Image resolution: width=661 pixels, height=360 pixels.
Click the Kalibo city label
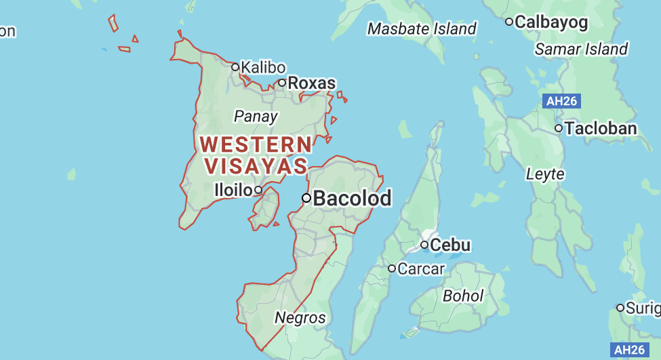263,68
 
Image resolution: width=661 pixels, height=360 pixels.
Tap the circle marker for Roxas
282,83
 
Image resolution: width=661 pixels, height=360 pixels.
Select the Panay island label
256,116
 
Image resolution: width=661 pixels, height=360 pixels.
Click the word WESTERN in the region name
256,144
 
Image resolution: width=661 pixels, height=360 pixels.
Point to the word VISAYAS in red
255,165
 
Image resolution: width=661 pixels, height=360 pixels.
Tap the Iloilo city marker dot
258,190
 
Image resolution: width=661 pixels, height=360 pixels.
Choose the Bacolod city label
353,198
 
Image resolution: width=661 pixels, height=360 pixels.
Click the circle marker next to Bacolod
306,198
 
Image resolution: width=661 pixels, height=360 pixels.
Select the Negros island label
300,317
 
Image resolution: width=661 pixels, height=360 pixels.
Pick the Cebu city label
451,244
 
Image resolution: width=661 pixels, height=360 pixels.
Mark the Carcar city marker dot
392,268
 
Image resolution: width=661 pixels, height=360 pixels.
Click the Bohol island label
463,296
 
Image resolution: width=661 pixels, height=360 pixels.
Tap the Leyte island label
545,174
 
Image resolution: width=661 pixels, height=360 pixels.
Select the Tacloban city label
601,128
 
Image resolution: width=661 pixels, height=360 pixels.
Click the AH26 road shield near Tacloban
562,102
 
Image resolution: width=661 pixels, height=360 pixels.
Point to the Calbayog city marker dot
509,22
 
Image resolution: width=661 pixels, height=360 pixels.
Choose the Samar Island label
581,49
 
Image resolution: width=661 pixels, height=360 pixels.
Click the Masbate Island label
422,28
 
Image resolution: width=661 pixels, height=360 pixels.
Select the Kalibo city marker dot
235,67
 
